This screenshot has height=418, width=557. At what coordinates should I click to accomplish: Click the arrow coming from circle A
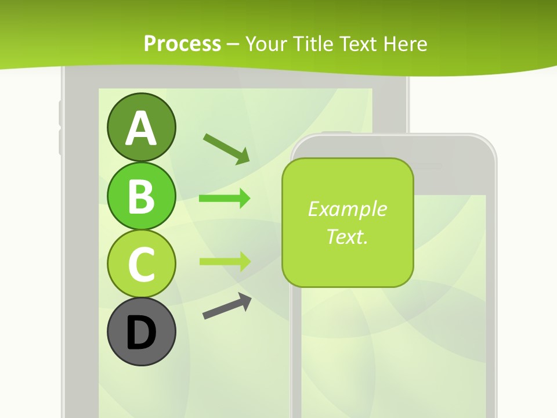pos(226,148)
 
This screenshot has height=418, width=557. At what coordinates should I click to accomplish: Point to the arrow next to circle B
pos(225,199)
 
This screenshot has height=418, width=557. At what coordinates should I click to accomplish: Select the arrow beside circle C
pos(225,261)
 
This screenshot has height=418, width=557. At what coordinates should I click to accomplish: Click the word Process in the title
pos(182,44)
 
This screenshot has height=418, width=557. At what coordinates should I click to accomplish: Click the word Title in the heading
pos(311,44)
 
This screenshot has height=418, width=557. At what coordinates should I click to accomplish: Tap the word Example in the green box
pos(347,209)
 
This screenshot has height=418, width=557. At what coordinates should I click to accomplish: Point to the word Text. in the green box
pos(347,236)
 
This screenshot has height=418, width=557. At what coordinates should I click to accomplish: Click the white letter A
pos(141,129)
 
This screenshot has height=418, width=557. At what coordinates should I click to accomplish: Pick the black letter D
pos(141,333)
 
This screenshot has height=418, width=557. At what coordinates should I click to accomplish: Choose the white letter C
pos(141,265)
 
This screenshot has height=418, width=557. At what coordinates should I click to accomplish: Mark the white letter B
pos(141,197)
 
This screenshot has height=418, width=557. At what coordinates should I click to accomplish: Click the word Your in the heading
pos(266,44)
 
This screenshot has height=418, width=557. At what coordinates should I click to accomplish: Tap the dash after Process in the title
pos(233,44)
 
